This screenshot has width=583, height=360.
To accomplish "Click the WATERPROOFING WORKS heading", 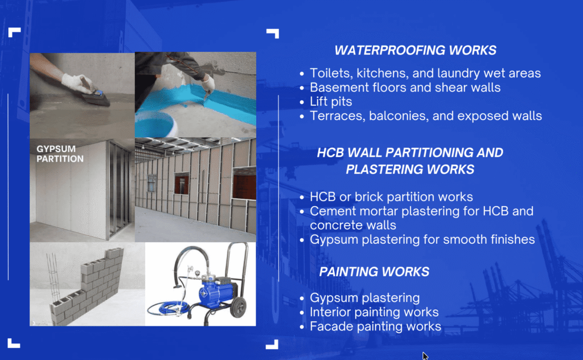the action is pyautogui.click(x=415, y=50).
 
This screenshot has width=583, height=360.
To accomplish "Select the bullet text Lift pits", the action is pyautogui.click(x=331, y=101).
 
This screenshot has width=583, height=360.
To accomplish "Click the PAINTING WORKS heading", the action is pyautogui.click(x=374, y=272).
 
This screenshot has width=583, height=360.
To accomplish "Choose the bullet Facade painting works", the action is pyautogui.click(x=375, y=326).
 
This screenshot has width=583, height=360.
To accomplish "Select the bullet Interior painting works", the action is pyautogui.click(x=374, y=312).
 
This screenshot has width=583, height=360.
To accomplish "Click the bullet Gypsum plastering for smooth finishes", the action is pyautogui.click(x=422, y=239).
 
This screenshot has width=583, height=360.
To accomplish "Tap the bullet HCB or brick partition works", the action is pyautogui.click(x=391, y=197).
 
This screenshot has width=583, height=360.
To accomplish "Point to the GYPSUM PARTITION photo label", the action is pyautogui.click(x=60, y=154).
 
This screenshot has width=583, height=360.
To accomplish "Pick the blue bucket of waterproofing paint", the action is pyautogui.click(x=154, y=125).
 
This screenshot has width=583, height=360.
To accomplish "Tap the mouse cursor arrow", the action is pyautogui.click(x=425, y=356).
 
